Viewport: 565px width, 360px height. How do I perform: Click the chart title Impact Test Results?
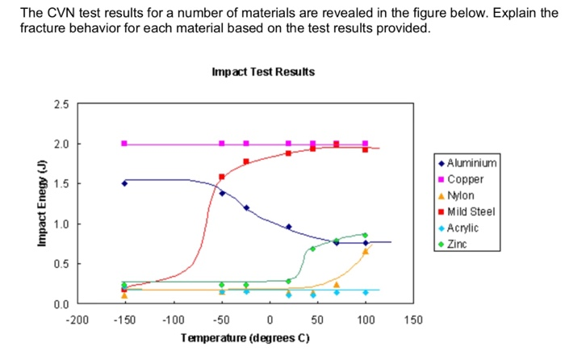[262, 73]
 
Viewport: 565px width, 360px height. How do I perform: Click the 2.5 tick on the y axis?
[61, 104]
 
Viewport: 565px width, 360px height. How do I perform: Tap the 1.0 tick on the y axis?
[61, 224]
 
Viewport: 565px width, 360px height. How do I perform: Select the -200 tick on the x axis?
[76, 320]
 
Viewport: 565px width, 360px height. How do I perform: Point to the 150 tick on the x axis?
[413, 320]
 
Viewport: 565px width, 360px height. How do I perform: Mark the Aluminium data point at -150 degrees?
[124, 183]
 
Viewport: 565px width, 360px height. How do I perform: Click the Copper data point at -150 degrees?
[124, 144]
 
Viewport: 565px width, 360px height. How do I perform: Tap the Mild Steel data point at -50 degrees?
[222, 176]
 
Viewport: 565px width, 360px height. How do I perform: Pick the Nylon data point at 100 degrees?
[365, 251]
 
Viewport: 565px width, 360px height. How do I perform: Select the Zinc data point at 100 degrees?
[365, 235]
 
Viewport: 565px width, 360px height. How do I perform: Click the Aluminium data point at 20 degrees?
[289, 227]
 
